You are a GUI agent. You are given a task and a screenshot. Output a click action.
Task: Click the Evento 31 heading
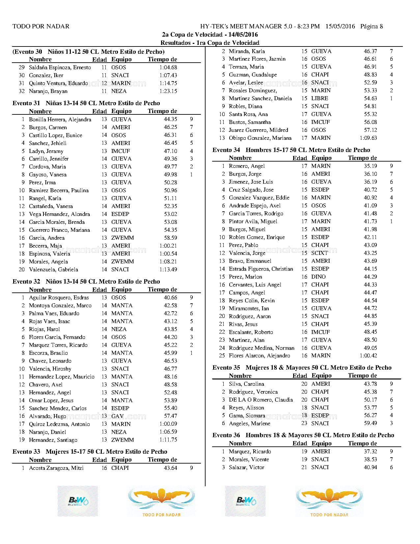click(86, 103)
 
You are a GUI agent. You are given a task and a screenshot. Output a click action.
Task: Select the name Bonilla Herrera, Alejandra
click(60, 119)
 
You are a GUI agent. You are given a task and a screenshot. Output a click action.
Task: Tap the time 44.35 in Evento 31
click(170, 119)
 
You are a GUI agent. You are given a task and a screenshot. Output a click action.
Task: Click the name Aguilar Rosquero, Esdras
click(59, 298)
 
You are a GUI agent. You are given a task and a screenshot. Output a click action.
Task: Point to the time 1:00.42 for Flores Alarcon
click(368, 356)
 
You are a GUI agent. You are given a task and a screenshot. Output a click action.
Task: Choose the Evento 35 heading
click(302, 368)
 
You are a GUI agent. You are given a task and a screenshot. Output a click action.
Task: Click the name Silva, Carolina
click(246, 384)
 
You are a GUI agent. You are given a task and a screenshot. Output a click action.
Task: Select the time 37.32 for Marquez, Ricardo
click(370, 452)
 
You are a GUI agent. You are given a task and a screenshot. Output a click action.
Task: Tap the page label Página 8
click(372, 26)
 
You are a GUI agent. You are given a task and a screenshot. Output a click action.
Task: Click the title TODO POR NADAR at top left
click(41, 26)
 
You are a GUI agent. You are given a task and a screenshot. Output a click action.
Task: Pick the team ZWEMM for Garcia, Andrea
click(123, 238)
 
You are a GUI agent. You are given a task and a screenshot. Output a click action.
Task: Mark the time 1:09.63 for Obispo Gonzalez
click(368, 138)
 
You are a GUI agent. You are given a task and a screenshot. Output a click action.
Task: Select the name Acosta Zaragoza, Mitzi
click(56, 468)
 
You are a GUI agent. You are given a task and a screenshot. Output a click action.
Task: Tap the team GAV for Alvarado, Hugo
click(117, 416)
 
